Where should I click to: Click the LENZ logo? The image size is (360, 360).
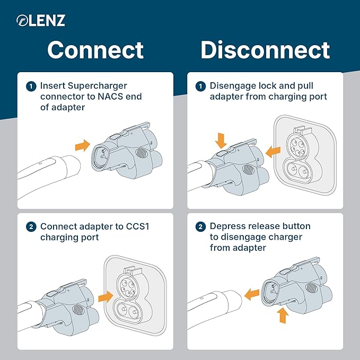coord(40,21)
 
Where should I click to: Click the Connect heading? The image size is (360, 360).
coord(95,50)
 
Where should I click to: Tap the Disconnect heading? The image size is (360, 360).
coord(265,50)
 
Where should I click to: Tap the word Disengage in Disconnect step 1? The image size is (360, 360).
coord(234,86)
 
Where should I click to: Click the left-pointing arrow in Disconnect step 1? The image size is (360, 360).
coord(273,152)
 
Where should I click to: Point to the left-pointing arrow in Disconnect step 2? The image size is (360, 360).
coord(251,291)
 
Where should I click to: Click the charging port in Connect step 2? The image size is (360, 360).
coord(129,297)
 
